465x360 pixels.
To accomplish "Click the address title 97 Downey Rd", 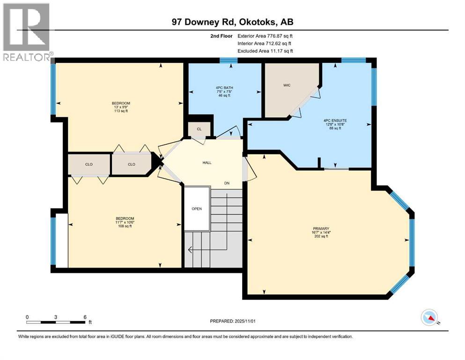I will pyautogui.click(x=232, y=22).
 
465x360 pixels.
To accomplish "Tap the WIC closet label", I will pyautogui.click(x=287, y=86).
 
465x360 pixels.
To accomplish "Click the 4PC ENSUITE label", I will pyautogui.click(x=335, y=120).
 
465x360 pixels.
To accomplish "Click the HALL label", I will pyautogui.click(x=207, y=163).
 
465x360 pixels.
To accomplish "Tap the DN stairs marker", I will pyautogui.click(x=227, y=183).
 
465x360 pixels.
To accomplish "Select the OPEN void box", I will pyautogui.click(x=197, y=209).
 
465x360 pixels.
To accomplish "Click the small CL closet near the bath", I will pyautogui.click(x=199, y=128).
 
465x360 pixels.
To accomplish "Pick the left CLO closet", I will pyautogui.click(x=89, y=165).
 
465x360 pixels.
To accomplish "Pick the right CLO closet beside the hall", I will pyautogui.click(x=131, y=165).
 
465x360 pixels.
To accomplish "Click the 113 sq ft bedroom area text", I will pyautogui.click(x=121, y=111).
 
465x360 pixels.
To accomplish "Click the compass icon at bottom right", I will pyautogui.click(x=429, y=319).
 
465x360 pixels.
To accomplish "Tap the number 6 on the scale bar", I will pyautogui.click(x=85, y=317).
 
